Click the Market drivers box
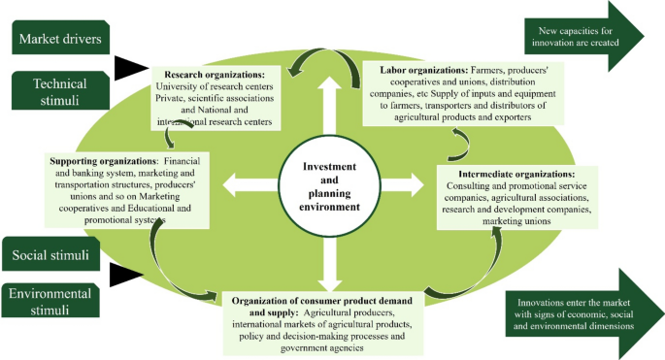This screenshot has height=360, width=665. [x=60, y=37]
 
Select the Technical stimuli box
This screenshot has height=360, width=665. [x=60, y=91]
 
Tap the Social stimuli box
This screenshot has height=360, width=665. [x=50, y=254]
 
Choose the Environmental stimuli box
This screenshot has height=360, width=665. [x=50, y=301]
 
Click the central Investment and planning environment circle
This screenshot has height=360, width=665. [x=329, y=186]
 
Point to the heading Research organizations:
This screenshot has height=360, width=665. [x=215, y=75]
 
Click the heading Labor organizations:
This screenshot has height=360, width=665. [x=423, y=70]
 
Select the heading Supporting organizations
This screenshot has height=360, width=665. [x=103, y=161]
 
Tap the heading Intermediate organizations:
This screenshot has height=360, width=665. [x=516, y=174]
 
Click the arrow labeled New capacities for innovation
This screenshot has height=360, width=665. [x=584, y=37]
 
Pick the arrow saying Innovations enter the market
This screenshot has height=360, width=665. [x=585, y=313]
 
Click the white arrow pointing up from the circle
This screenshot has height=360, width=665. [x=329, y=105]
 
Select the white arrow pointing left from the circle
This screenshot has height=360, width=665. [x=250, y=185]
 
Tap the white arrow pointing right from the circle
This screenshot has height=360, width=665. [x=403, y=185]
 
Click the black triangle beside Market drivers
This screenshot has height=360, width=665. [x=131, y=68]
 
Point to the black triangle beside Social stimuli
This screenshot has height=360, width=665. [x=126, y=275]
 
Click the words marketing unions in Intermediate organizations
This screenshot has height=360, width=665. [x=516, y=221]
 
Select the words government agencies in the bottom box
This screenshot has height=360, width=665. [x=322, y=348]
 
